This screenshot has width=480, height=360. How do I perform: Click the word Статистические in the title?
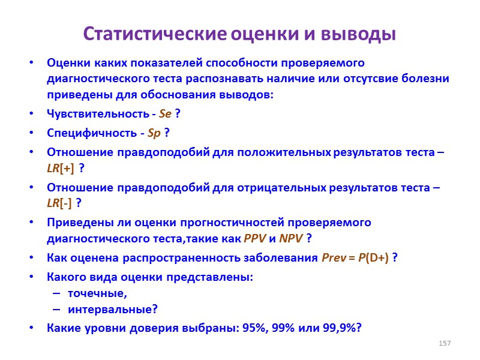click(x=155, y=34)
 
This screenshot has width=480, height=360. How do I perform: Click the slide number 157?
click(x=445, y=343)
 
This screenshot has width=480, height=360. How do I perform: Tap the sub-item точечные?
click(x=97, y=293)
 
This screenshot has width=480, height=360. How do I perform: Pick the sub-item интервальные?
click(x=113, y=310)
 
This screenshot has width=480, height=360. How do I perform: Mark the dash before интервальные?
click(x=56, y=310)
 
